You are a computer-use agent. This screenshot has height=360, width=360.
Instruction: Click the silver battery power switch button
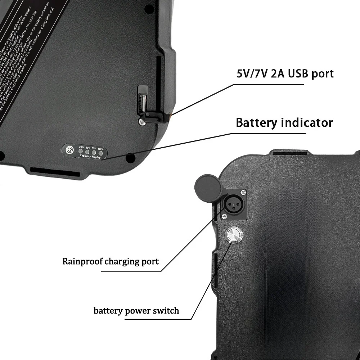pos(232,235)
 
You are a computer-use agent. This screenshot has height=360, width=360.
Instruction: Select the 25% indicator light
pos(81,152)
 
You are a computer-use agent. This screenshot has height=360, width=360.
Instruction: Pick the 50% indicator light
pos(88,152)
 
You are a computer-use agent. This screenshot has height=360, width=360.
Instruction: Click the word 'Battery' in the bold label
pos(254,122)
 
